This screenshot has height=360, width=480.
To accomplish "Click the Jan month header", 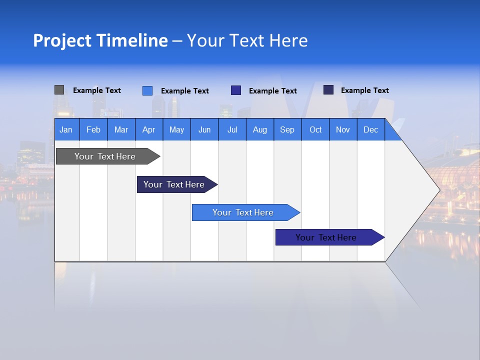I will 66,129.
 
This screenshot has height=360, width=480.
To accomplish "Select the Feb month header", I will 93,129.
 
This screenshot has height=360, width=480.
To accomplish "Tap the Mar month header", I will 121,129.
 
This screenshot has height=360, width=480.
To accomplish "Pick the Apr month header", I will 149,129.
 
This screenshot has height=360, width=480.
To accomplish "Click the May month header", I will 176,129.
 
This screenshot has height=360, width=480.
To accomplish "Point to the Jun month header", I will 204,129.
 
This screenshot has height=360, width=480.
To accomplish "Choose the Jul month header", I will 232,129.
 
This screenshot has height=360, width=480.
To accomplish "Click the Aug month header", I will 260,129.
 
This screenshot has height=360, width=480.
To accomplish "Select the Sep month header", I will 287,129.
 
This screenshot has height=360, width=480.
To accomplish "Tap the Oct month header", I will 315,129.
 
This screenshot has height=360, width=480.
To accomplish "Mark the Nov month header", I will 343,129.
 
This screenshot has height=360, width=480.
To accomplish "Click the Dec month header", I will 371,129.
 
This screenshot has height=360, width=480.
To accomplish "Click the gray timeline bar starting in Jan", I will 105,156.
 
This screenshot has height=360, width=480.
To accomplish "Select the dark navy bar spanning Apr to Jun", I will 174,184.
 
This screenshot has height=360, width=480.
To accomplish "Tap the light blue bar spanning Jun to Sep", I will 243,212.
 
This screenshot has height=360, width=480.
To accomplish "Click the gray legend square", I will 59,90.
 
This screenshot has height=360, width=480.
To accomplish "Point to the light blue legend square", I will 147,90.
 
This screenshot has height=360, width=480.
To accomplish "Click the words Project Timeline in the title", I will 100,40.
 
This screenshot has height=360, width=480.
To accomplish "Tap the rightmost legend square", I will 328,90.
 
